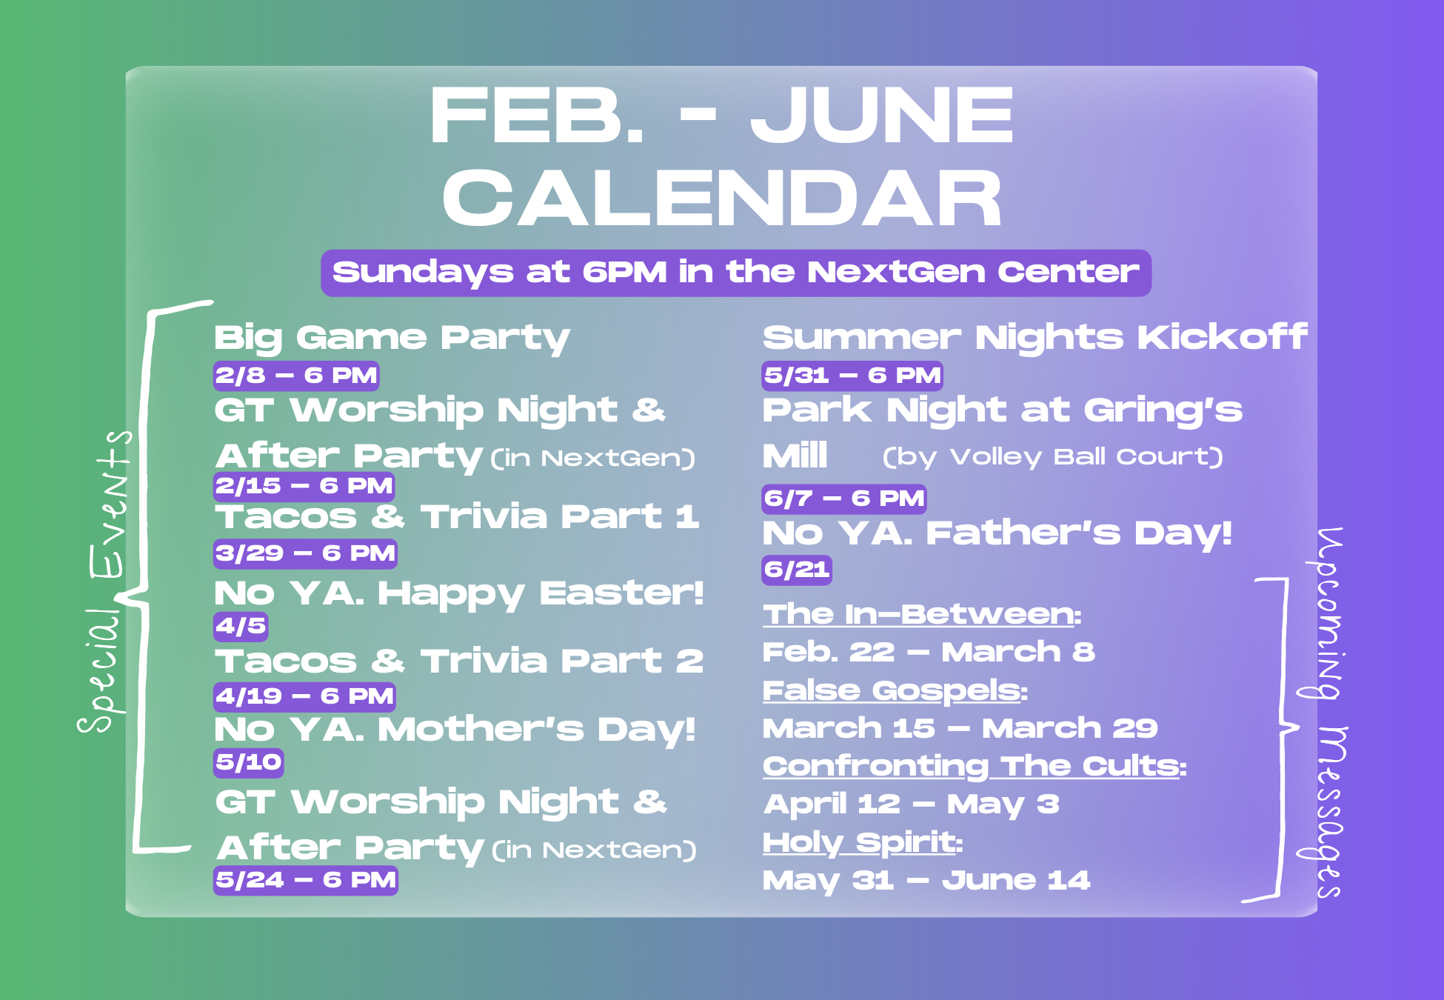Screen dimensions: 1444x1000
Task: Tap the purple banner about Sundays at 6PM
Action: [736, 273]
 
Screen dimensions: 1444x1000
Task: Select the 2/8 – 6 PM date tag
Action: [296, 376]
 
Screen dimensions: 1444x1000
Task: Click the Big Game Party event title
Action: [392, 338]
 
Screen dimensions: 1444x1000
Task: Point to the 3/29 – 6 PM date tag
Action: [305, 553]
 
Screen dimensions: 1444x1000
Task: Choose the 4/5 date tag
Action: [241, 626]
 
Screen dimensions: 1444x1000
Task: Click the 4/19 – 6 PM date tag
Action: [304, 696]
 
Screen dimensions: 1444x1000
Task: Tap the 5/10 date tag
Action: [249, 762]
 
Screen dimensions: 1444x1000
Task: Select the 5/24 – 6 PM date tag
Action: [306, 880]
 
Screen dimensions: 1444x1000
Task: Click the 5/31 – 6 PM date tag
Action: [852, 376]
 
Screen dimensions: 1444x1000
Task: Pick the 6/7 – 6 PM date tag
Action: [844, 499]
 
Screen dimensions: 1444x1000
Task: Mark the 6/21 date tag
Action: [797, 570]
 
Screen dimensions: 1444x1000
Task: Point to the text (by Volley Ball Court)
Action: [1052, 457]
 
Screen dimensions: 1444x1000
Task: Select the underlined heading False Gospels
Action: [895, 690]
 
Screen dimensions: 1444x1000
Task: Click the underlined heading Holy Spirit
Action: [863, 843]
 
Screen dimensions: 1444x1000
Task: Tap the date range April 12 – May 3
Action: [912, 804]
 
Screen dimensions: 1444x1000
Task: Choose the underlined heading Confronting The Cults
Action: [975, 767]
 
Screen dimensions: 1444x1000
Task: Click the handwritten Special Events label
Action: [106, 581]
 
